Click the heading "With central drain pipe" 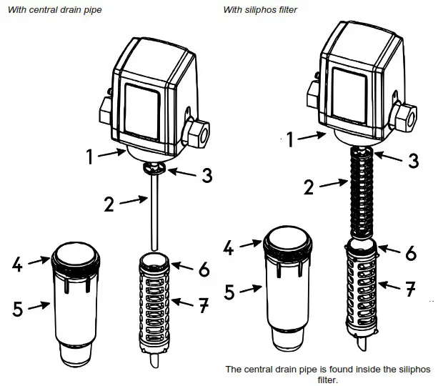[x=54, y=9]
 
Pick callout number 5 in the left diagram [x=18, y=309]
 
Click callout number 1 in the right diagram [x=289, y=140]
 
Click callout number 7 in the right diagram [x=410, y=289]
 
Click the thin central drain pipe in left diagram [x=154, y=214]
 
